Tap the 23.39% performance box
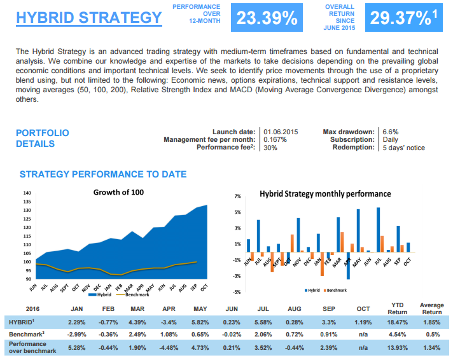[267, 18]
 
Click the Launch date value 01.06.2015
[281, 132]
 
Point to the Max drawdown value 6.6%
[390, 132]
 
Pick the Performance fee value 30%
[270, 148]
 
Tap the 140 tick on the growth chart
[26, 193]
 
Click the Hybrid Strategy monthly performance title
[325, 193]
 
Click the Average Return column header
[432, 308]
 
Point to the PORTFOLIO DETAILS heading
[42, 138]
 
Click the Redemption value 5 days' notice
[403, 148]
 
